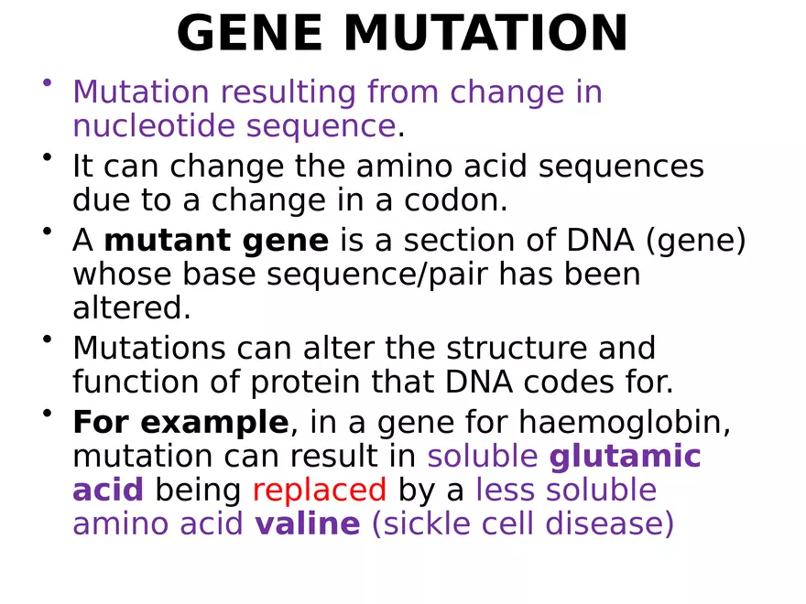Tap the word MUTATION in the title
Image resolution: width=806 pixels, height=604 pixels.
pyautogui.click(x=485, y=35)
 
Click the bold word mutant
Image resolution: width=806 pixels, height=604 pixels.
pyautogui.click(x=167, y=241)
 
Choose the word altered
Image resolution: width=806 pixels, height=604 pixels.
pyautogui.click(x=131, y=308)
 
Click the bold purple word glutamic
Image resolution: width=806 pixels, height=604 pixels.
pyautogui.click(x=625, y=457)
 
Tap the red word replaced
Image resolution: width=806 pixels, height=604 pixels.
pyautogui.click(x=319, y=491)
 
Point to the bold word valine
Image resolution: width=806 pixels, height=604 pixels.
pyautogui.click(x=308, y=524)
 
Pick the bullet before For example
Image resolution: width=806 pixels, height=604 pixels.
pyautogui.click(x=46, y=414)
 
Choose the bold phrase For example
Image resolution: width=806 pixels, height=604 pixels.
pyautogui.click(x=180, y=423)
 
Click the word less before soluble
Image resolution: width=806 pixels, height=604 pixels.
pyautogui.click(x=506, y=491)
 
